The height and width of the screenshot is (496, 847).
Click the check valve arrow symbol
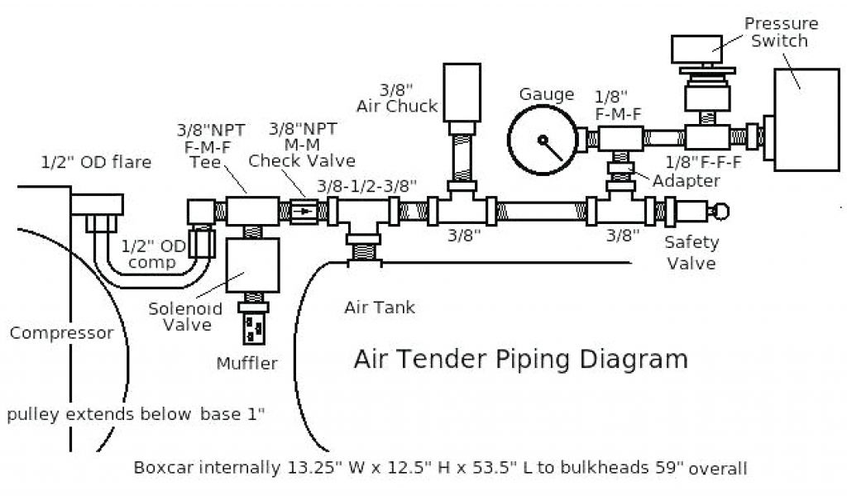[306, 212]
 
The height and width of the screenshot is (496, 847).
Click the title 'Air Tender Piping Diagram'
[520, 360]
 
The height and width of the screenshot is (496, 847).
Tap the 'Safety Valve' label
[691, 252]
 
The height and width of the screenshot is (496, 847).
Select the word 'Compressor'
[61, 333]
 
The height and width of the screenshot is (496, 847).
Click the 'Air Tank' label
[380, 308]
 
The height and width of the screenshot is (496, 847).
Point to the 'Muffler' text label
[246, 363]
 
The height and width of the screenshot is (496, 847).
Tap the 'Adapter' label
[686, 180]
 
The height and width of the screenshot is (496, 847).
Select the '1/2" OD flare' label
[96, 162]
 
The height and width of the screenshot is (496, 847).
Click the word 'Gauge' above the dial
[546, 94]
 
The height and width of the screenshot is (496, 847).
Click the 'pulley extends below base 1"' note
[136, 413]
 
